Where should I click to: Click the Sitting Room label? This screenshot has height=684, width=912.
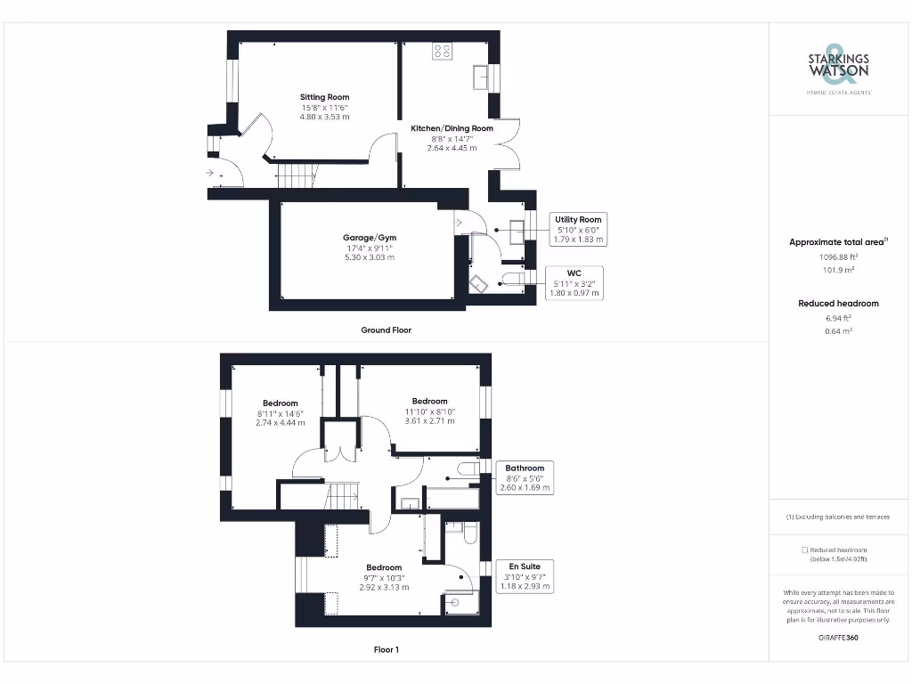tap(324, 97)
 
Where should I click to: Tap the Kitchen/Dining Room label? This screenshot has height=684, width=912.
tap(452, 128)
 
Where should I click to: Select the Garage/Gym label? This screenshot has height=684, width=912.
tap(369, 238)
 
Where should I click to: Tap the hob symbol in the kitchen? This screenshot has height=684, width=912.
tap(442, 51)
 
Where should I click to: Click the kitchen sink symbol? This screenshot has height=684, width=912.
tap(482, 77)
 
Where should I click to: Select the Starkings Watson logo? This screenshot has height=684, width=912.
tap(838, 67)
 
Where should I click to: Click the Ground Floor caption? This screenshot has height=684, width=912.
tap(386, 330)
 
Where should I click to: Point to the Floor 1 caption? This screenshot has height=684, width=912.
tap(386, 649)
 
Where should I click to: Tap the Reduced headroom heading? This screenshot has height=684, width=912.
tap(838, 304)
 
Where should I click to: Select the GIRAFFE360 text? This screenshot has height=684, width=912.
tap(838, 638)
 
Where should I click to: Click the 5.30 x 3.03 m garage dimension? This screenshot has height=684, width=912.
tap(369, 257)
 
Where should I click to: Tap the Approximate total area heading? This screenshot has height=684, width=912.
tap(837, 242)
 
